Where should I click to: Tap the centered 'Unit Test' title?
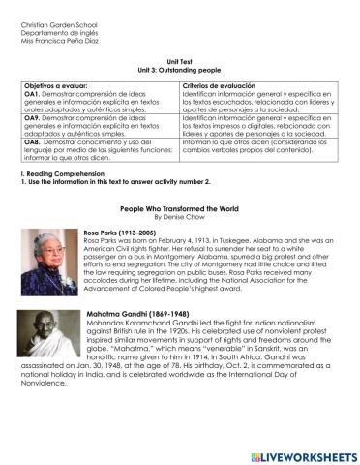[x=180, y=61]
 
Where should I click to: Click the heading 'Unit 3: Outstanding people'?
[x=180, y=70]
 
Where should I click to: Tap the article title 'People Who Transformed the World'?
[x=180, y=208]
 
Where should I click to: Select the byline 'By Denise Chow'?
[x=180, y=218]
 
